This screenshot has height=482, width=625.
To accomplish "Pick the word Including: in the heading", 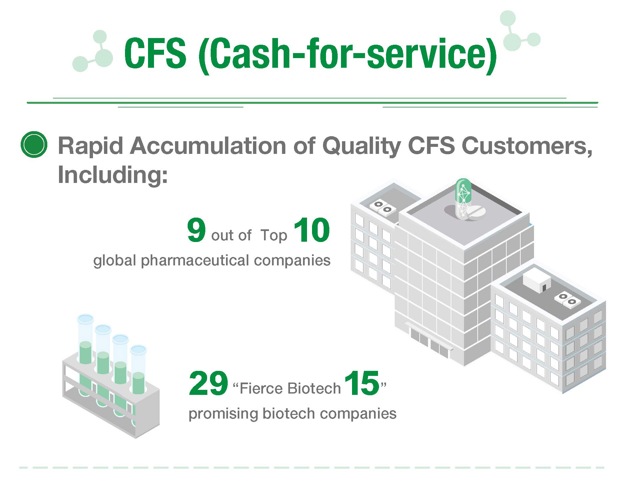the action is (113, 175).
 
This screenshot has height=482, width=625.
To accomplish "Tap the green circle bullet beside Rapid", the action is (34, 145).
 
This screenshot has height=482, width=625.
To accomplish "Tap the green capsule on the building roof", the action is (463, 197).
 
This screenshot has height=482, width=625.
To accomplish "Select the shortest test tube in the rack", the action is (138, 384).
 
